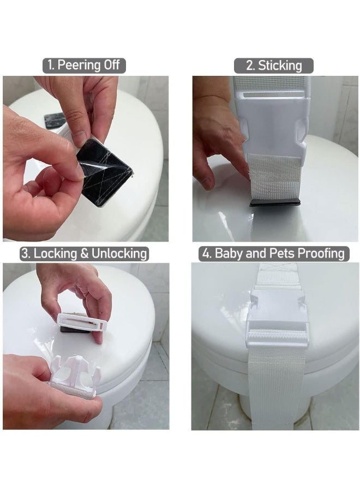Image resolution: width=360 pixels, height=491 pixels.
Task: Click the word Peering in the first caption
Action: (80, 65)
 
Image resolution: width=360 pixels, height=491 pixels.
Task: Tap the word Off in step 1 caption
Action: (111, 65)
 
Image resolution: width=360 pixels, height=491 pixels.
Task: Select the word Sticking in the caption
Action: (280, 66)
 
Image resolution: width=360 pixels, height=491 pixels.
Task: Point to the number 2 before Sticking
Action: (250, 66)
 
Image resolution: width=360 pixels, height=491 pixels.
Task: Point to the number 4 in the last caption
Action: (206, 253)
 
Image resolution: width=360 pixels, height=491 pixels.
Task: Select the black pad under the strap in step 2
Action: (275, 202)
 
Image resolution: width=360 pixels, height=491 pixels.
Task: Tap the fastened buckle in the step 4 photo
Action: (278, 320)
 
